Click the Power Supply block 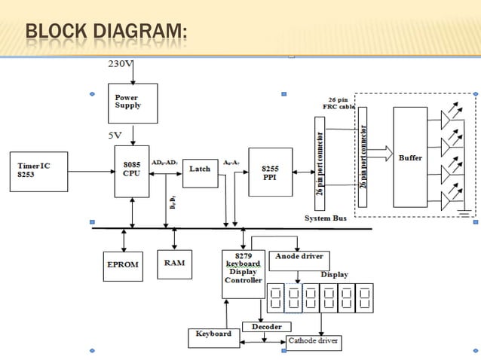click(x=133, y=103)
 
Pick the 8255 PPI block click(x=270, y=172)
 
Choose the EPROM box click(x=122, y=266)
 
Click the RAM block click(x=174, y=264)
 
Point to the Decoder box click(x=262, y=327)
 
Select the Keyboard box click(x=213, y=334)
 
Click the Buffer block click(x=410, y=157)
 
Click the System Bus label click(x=325, y=218)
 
